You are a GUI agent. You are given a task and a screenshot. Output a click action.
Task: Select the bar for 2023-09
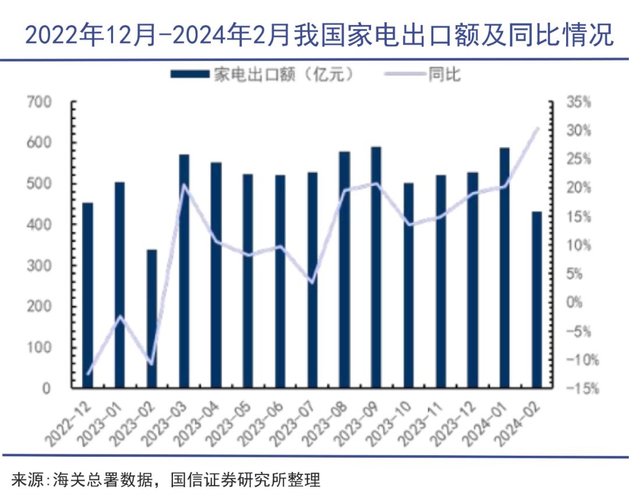pyautogui.click(x=376, y=267)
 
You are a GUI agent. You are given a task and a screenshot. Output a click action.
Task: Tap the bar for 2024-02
pyautogui.click(x=536, y=299)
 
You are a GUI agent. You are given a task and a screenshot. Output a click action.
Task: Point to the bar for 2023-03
pyautogui.click(x=184, y=271)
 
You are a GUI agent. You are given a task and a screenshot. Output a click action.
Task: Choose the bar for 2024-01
pyautogui.click(x=504, y=267)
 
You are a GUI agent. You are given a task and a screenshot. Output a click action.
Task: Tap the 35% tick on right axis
pyautogui.click(x=578, y=103)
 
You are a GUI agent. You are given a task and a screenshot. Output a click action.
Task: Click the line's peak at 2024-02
pyautogui.click(x=537, y=128)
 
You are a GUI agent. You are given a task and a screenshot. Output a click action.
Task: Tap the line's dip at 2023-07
pyautogui.click(x=312, y=282)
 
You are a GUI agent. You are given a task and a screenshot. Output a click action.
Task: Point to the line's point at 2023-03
pyautogui.click(x=184, y=186)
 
